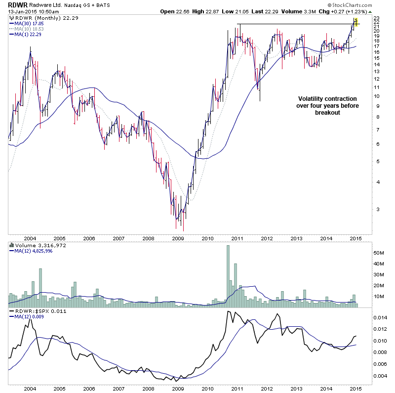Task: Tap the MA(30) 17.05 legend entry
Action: pyautogui.click(x=30, y=23)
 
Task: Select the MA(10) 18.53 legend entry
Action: pyautogui.click(x=30, y=28)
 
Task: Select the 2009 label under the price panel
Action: pyautogui.click(x=177, y=238)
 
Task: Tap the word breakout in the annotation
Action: pyautogui.click(x=327, y=113)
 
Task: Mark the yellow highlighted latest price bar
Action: pyautogui.click(x=355, y=22)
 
